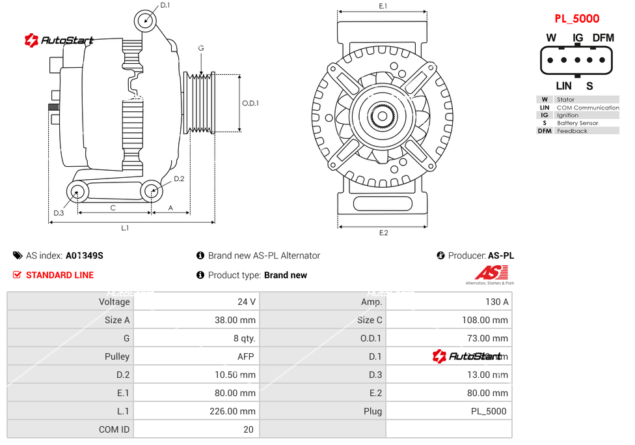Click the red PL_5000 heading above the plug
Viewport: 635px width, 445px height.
576,19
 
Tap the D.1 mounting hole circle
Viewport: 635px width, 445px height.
146,20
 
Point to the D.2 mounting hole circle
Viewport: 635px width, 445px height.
152,191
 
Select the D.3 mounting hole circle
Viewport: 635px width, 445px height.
78,192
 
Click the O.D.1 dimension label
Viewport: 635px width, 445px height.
250,103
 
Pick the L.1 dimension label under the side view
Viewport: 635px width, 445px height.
125,227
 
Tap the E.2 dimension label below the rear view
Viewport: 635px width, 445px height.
383,233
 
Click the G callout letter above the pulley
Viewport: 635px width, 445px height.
201,49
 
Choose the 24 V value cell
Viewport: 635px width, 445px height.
247,302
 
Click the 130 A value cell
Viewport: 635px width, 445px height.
497,302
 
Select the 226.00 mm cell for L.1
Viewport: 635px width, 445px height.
237,411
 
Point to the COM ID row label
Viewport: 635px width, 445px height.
114,429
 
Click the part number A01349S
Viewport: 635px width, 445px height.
84,255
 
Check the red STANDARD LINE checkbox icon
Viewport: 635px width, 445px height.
18,275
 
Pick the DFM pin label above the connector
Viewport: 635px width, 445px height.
603,38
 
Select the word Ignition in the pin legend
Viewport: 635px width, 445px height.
567,115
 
